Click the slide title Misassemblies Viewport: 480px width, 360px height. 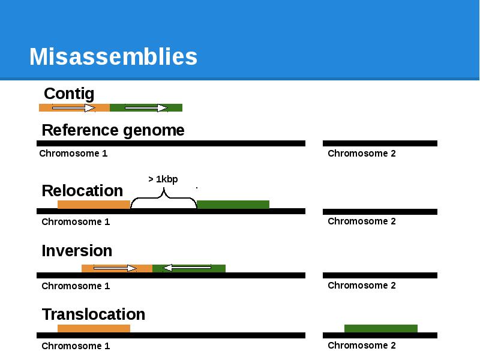click(x=113, y=57)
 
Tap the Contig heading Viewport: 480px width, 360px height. click(x=69, y=94)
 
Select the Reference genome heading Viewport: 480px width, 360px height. click(x=113, y=130)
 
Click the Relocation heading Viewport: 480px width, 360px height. click(x=82, y=191)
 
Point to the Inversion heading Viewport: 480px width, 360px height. click(x=77, y=251)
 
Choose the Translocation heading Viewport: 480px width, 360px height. click(x=94, y=314)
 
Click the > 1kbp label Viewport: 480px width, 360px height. click(x=163, y=179)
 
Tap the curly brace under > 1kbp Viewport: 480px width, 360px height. click(x=163, y=198)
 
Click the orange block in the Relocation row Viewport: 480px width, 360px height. click(x=94, y=205)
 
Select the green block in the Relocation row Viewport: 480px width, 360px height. click(x=233, y=205)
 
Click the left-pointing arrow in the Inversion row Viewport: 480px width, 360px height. click(x=187, y=268)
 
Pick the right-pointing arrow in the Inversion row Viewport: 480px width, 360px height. click(x=115, y=268)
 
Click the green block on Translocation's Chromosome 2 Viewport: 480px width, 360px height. click(x=381, y=328)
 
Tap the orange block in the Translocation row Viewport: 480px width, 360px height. click(x=94, y=328)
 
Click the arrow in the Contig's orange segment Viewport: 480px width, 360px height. click(x=73, y=108)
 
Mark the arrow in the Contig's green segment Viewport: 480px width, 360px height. click(x=146, y=108)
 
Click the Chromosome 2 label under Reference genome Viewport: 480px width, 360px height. click(x=362, y=154)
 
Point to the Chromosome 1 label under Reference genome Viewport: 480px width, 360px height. click(x=73, y=154)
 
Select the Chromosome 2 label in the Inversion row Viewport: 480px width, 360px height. click(x=362, y=286)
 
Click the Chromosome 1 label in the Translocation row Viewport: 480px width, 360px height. click(x=76, y=346)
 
